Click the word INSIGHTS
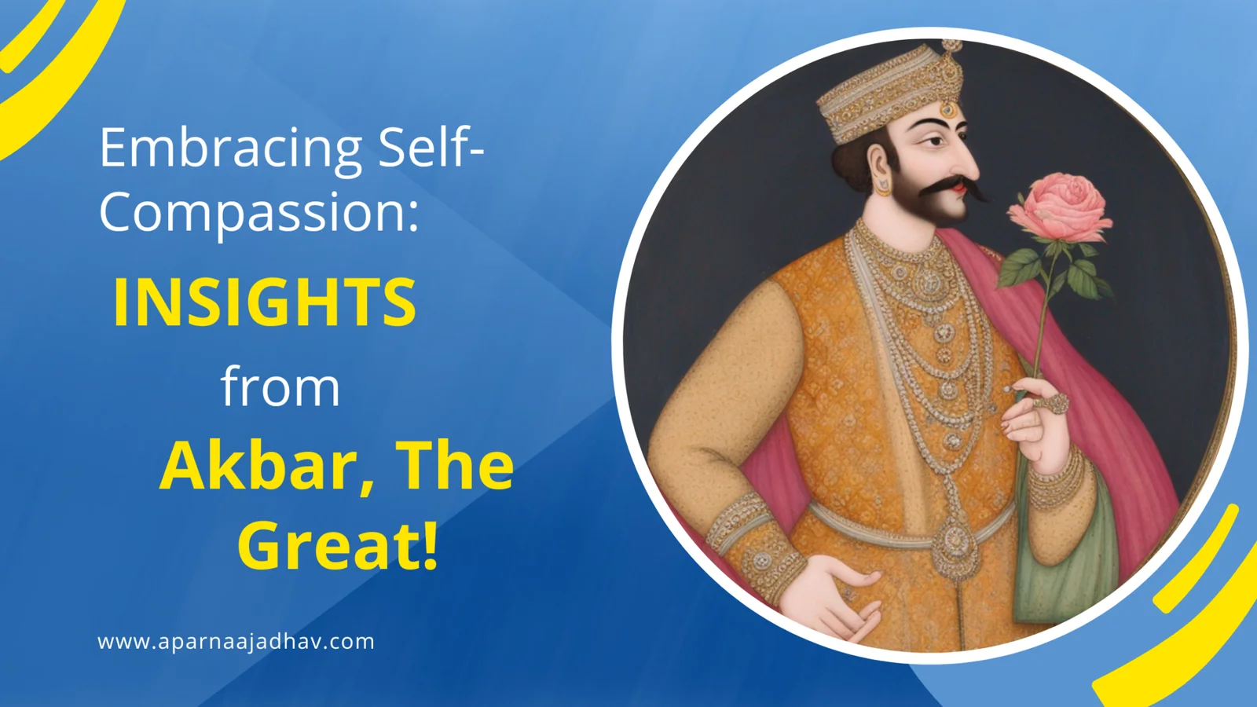(265, 302)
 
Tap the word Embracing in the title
(230, 148)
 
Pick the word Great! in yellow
(338, 544)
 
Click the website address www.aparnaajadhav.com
(236, 641)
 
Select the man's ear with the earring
(881, 168)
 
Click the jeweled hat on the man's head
(889, 93)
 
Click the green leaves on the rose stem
(1055, 269)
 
